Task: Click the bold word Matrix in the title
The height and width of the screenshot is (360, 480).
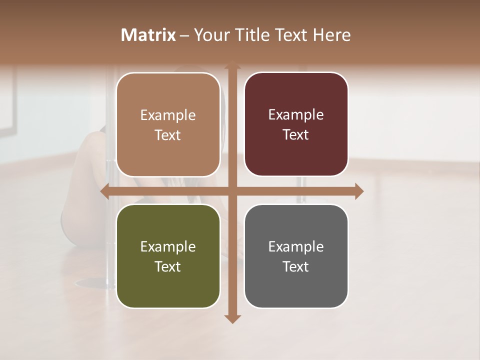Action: click(x=148, y=35)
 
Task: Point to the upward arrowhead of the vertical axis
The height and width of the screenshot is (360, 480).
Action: click(x=232, y=67)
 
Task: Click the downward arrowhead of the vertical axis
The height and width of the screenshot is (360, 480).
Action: click(x=232, y=318)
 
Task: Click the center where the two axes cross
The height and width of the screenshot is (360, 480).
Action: click(x=232, y=191)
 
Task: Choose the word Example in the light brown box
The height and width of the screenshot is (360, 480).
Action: click(x=168, y=115)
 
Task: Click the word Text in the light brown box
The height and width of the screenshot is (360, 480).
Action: click(x=168, y=135)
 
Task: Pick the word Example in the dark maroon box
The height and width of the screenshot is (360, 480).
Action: click(x=296, y=115)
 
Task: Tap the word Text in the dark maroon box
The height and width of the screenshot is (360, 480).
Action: click(x=296, y=135)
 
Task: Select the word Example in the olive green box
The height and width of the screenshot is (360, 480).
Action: click(x=168, y=247)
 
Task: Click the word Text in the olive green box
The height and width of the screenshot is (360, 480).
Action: click(x=168, y=267)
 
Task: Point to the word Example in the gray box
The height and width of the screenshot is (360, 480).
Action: click(x=296, y=247)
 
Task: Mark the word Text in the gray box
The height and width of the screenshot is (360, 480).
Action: click(x=296, y=267)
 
